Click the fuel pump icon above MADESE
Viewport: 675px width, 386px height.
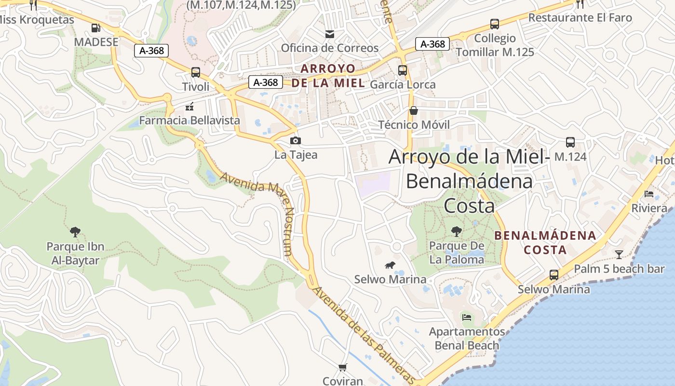pos(96,28)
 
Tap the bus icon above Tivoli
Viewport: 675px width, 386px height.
pos(196,72)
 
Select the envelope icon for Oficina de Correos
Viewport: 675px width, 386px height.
pos(330,34)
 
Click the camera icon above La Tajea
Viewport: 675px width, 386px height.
pos(296,140)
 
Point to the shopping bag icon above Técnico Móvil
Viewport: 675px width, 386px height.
pos(414,110)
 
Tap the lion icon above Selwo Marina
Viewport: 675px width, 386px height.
pos(390,265)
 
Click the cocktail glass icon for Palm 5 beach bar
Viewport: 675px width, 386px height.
pos(619,254)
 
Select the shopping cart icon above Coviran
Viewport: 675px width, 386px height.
pos(343,368)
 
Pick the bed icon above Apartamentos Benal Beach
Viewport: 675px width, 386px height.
pos(467,317)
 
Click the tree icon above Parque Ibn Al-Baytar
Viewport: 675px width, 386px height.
pos(75,232)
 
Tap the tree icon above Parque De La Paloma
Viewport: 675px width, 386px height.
pos(456,232)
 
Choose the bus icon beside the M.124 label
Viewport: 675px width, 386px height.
pos(570,142)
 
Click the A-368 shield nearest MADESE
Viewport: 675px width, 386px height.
pos(151,50)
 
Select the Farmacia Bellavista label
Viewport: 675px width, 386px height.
pos(189,120)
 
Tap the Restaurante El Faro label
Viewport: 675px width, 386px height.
pos(580,18)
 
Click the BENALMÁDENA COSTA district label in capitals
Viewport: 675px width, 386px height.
pos(546,243)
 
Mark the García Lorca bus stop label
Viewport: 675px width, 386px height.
pos(403,84)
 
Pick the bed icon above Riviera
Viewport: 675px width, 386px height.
pos(649,194)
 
